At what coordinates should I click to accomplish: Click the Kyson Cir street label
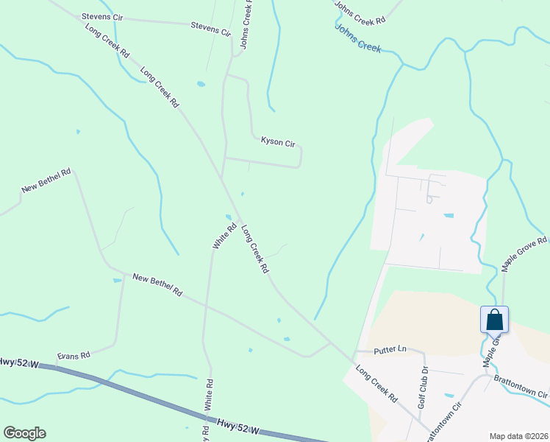277,139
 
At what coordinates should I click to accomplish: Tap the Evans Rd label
74,355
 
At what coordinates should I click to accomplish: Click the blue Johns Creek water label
358,38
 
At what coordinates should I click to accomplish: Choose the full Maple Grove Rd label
525,255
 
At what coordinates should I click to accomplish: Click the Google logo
24,433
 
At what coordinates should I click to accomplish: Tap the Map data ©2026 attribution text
518,435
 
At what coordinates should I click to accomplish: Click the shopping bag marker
494,320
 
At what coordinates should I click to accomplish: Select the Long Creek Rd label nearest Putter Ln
376,384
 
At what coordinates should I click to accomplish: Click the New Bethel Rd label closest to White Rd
157,284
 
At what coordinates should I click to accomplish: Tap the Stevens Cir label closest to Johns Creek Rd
211,29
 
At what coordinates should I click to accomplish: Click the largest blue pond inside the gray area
449,216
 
